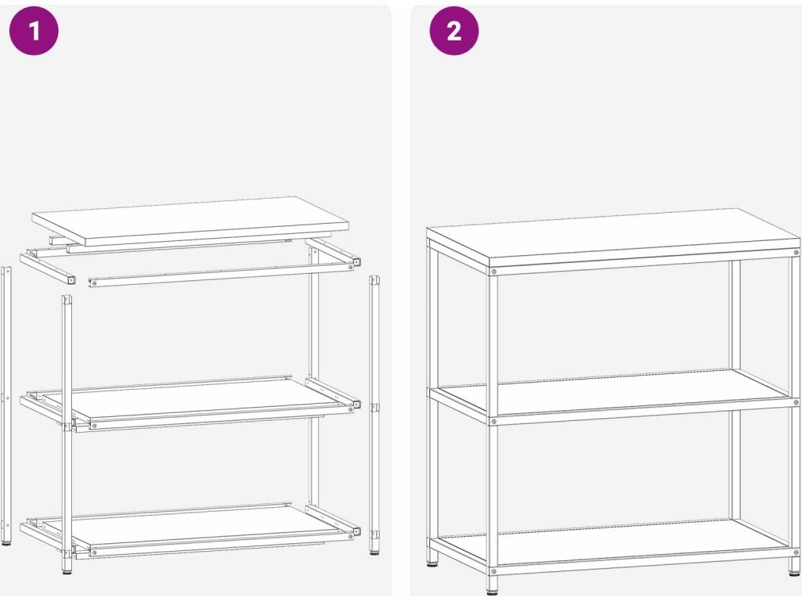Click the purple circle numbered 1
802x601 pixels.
[34, 31]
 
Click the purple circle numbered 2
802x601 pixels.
[454, 31]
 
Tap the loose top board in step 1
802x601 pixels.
[190, 221]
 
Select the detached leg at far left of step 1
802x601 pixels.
[6, 405]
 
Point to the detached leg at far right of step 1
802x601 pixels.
[374, 415]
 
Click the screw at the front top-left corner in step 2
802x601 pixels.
[493, 272]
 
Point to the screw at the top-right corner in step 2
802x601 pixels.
[796, 253]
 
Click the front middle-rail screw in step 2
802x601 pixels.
[493, 422]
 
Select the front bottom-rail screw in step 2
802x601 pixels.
[493, 570]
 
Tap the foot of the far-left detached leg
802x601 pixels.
[6, 543]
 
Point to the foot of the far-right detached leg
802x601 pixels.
[374, 553]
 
